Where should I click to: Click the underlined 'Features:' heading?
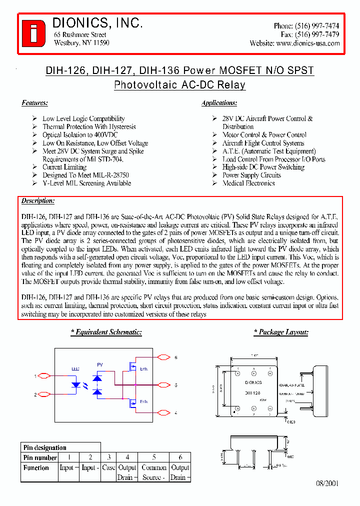coord(34,103)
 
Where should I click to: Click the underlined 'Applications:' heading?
coord(219,103)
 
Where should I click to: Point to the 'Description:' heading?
coord(38,201)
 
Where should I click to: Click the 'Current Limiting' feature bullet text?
coord(65,167)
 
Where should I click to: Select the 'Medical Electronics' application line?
coord(248,183)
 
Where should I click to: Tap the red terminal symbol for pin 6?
coord(163,357)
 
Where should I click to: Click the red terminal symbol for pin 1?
coord(44,375)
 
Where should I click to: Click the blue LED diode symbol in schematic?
coord(76,385)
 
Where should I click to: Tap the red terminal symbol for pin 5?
coord(163,384)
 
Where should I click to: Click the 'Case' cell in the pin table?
coord(108,467)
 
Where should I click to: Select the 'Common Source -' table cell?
coord(154,472)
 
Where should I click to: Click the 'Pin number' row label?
coord(40,457)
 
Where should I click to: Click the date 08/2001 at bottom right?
coord(327,484)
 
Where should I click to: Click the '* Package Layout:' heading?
coord(280,332)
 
